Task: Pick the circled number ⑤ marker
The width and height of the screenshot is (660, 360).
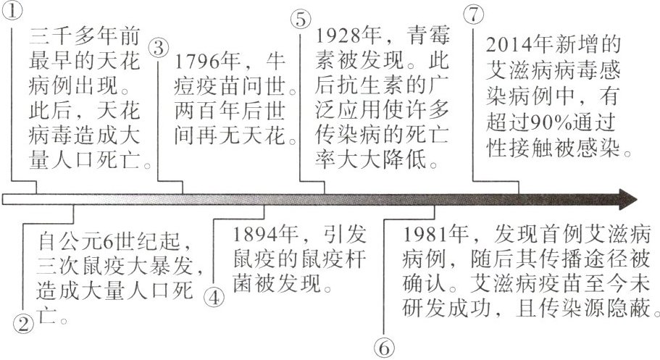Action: (301, 20)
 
